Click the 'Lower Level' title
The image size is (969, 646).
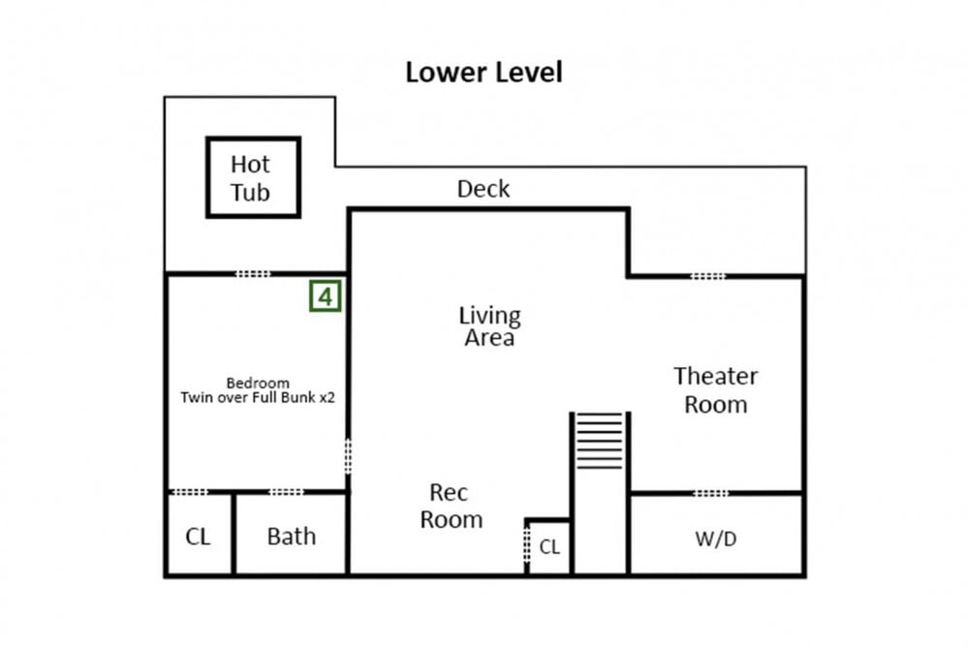pyautogui.click(x=484, y=73)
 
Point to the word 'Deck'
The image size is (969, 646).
pyautogui.click(x=484, y=189)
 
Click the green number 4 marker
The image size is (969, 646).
pyautogui.click(x=325, y=296)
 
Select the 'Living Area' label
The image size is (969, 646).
pyautogui.click(x=489, y=326)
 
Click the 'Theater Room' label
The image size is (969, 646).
pyautogui.click(x=716, y=389)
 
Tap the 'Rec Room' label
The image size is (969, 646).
pyautogui.click(x=452, y=506)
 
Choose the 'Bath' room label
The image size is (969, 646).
pyautogui.click(x=291, y=536)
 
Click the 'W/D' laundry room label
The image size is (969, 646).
pyautogui.click(x=716, y=538)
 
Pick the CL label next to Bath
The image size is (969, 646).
pyautogui.click(x=198, y=536)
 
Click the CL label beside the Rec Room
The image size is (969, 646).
pyautogui.click(x=549, y=546)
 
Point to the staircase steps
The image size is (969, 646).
pyautogui.click(x=600, y=441)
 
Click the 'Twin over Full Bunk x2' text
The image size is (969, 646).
pyautogui.click(x=258, y=397)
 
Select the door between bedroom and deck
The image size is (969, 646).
pyautogui.click(x=253, y=273)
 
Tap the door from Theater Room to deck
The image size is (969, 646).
pyautogui.click(x=708, y=276)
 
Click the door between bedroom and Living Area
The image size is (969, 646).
pyautogui.click(x=348, y=456)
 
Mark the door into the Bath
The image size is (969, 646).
pyautogui.click(x=286, y=492)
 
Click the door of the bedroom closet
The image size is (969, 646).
pyautogui.click(x=190, y=492)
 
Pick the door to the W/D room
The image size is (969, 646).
pyautogui.click(x=711, y=493)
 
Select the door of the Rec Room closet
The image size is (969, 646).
pyautogui.click(x=526, y=543)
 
